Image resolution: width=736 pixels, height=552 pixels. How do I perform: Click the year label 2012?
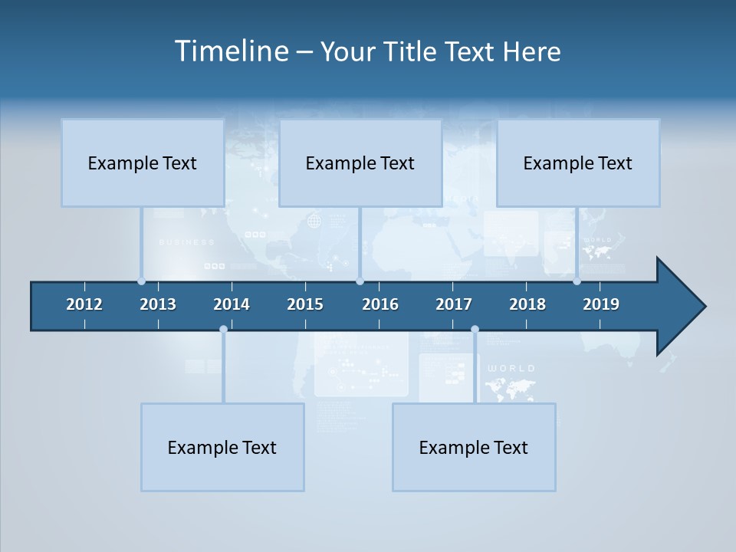click(x=84, y=304)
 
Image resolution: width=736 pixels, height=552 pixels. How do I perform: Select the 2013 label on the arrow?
click(x=158, y=304)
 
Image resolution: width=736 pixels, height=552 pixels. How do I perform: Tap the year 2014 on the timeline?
click(x=232, y=304)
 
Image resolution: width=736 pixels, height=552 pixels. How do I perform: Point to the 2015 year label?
click(x=305, y=304)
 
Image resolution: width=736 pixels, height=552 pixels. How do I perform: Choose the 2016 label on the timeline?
click(x=380, y=304)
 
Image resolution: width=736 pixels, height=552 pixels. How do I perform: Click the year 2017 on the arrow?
click(x=454, y=304)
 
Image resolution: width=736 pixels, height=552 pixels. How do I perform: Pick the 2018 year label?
click(x=527, y=304)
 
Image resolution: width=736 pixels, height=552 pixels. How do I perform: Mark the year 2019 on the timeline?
click(x=601, y=304)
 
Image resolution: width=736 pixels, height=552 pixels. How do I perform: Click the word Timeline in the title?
click(x=231, y=51)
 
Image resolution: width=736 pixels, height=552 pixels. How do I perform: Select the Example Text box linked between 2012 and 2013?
click(x=143, y=163)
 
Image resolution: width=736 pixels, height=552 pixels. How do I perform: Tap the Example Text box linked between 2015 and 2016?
click(x=360, y=163)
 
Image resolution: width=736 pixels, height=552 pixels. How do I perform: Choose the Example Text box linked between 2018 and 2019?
click(x=578, y=163)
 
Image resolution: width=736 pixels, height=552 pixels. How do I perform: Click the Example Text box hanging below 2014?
click(x=222, y=447)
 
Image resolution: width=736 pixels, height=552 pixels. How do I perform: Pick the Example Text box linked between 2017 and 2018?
click(x=474, y=447)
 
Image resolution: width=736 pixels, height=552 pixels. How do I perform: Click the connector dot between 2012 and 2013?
click(x=142, y=281)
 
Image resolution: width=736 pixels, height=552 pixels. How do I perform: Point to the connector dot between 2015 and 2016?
click(x=360, y=281)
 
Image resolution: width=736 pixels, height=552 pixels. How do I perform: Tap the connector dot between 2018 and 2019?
click(x=577, y=281)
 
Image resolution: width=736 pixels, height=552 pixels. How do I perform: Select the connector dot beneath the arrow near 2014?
click(x=223, y=329)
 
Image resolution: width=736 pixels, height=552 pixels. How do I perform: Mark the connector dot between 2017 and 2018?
click(x=475, y=329)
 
